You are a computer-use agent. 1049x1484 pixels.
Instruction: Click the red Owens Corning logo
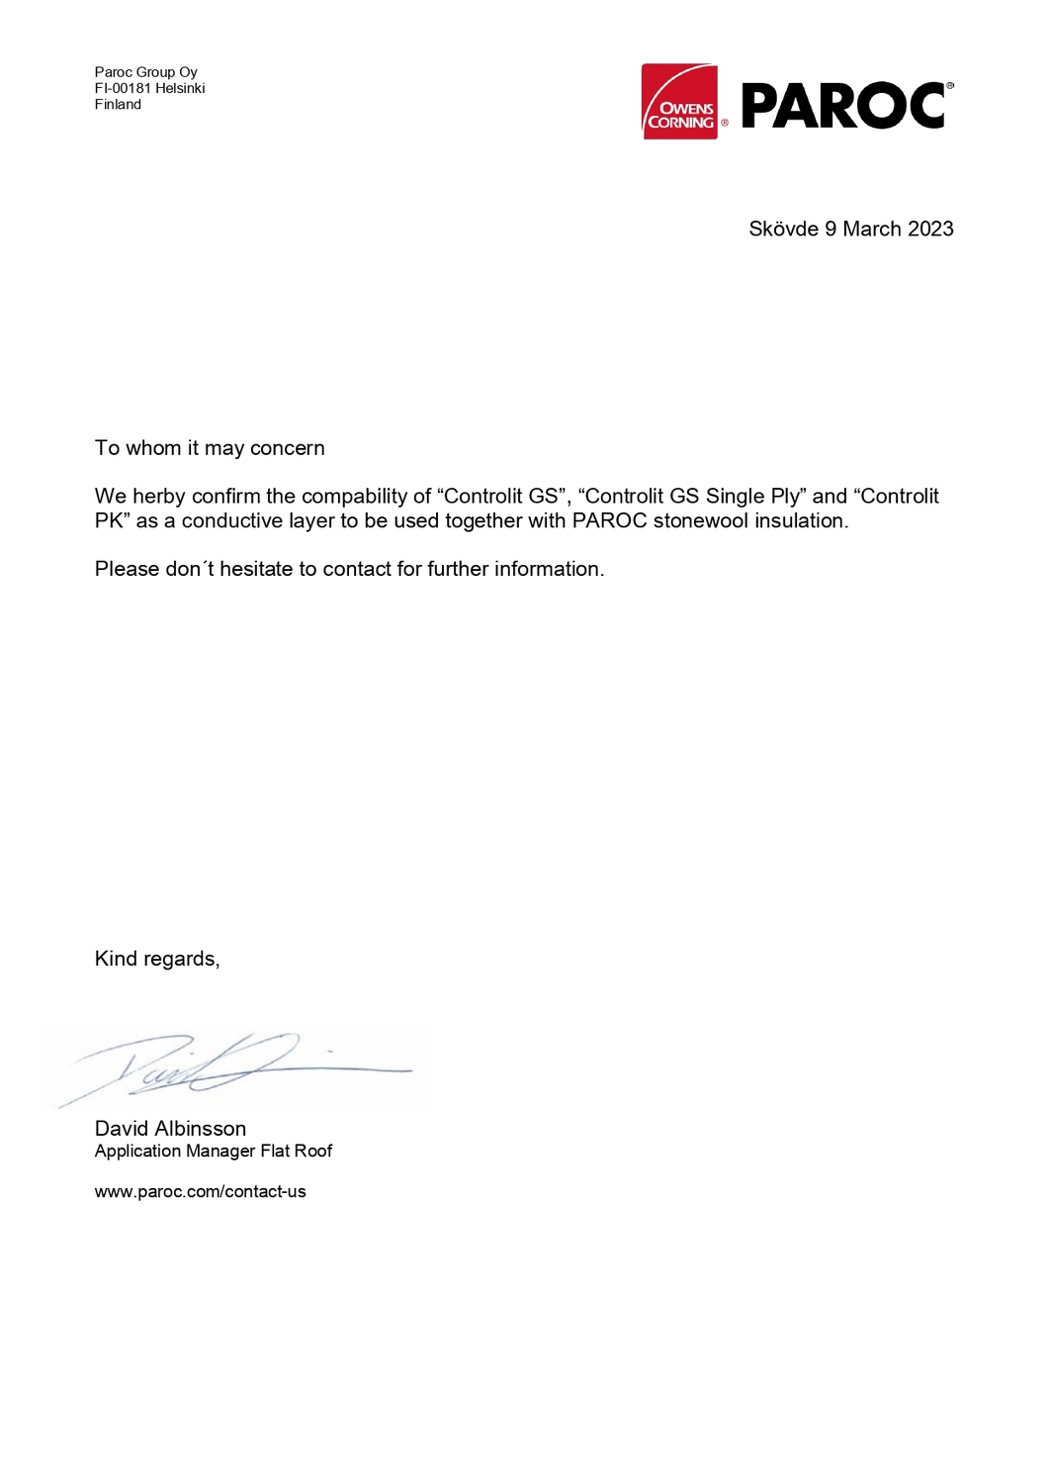point(679,102)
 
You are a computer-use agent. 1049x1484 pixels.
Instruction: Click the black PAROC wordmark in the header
point(843,106)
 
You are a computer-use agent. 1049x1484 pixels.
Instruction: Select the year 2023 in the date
point(930,229)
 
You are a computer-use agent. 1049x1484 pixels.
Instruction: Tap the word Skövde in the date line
point(783,229)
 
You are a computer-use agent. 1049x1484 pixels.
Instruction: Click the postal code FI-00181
point(123,88)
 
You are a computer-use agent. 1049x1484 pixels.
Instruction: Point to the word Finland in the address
point(118,104)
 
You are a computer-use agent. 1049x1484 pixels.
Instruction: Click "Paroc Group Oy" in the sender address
point(145,72)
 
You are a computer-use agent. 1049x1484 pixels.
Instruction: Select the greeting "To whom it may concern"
point(210,448)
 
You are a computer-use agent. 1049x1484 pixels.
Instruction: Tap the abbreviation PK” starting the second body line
point(113,520)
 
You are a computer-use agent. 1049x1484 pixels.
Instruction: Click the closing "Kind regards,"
point(157,959)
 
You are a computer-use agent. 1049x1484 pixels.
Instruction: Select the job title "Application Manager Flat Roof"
point(214,1151)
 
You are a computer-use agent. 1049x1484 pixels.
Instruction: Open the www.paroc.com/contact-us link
point(200,1191)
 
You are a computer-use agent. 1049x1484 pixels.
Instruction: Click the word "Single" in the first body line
point(735,496)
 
